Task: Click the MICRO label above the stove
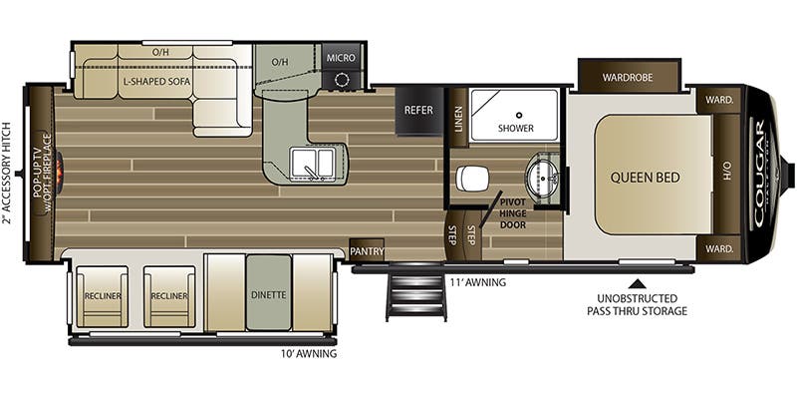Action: [341, 58]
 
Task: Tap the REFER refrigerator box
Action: [418, 110]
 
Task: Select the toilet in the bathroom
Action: [472, 179]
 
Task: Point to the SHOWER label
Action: [516, 128]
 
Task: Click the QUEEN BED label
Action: [646, 178]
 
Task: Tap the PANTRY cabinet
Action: [367, 251]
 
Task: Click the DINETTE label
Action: [268, 295]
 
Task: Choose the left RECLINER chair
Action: [103, 296]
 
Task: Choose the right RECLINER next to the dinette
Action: [168, 296]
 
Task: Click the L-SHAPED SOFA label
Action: [155, 83]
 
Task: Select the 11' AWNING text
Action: [477, 282]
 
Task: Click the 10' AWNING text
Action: [309, 354]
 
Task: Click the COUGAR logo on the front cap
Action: [760, 175]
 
